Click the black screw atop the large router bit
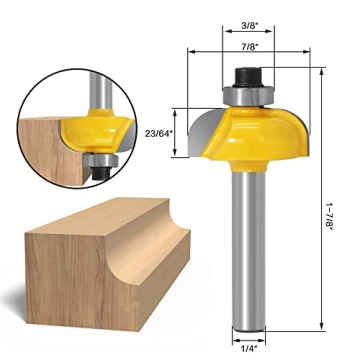pos(246,75)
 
